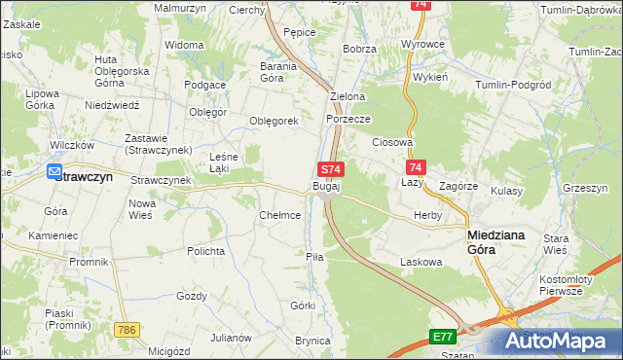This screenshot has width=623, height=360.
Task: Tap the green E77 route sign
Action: (443, 337)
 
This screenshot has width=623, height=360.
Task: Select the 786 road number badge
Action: (126, 332)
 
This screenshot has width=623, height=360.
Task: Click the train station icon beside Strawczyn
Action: (56, 173)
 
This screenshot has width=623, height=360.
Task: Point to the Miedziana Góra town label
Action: (497, 241)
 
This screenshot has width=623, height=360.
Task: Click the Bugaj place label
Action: (326, 186)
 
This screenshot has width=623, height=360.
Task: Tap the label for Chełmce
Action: (279, 215)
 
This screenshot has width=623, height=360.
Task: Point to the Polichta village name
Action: (207, 251)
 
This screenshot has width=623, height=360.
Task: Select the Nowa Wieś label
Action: (142, 209)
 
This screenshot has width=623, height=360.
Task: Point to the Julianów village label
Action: (230, 338)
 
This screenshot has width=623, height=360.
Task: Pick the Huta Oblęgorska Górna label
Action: (121, 71)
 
